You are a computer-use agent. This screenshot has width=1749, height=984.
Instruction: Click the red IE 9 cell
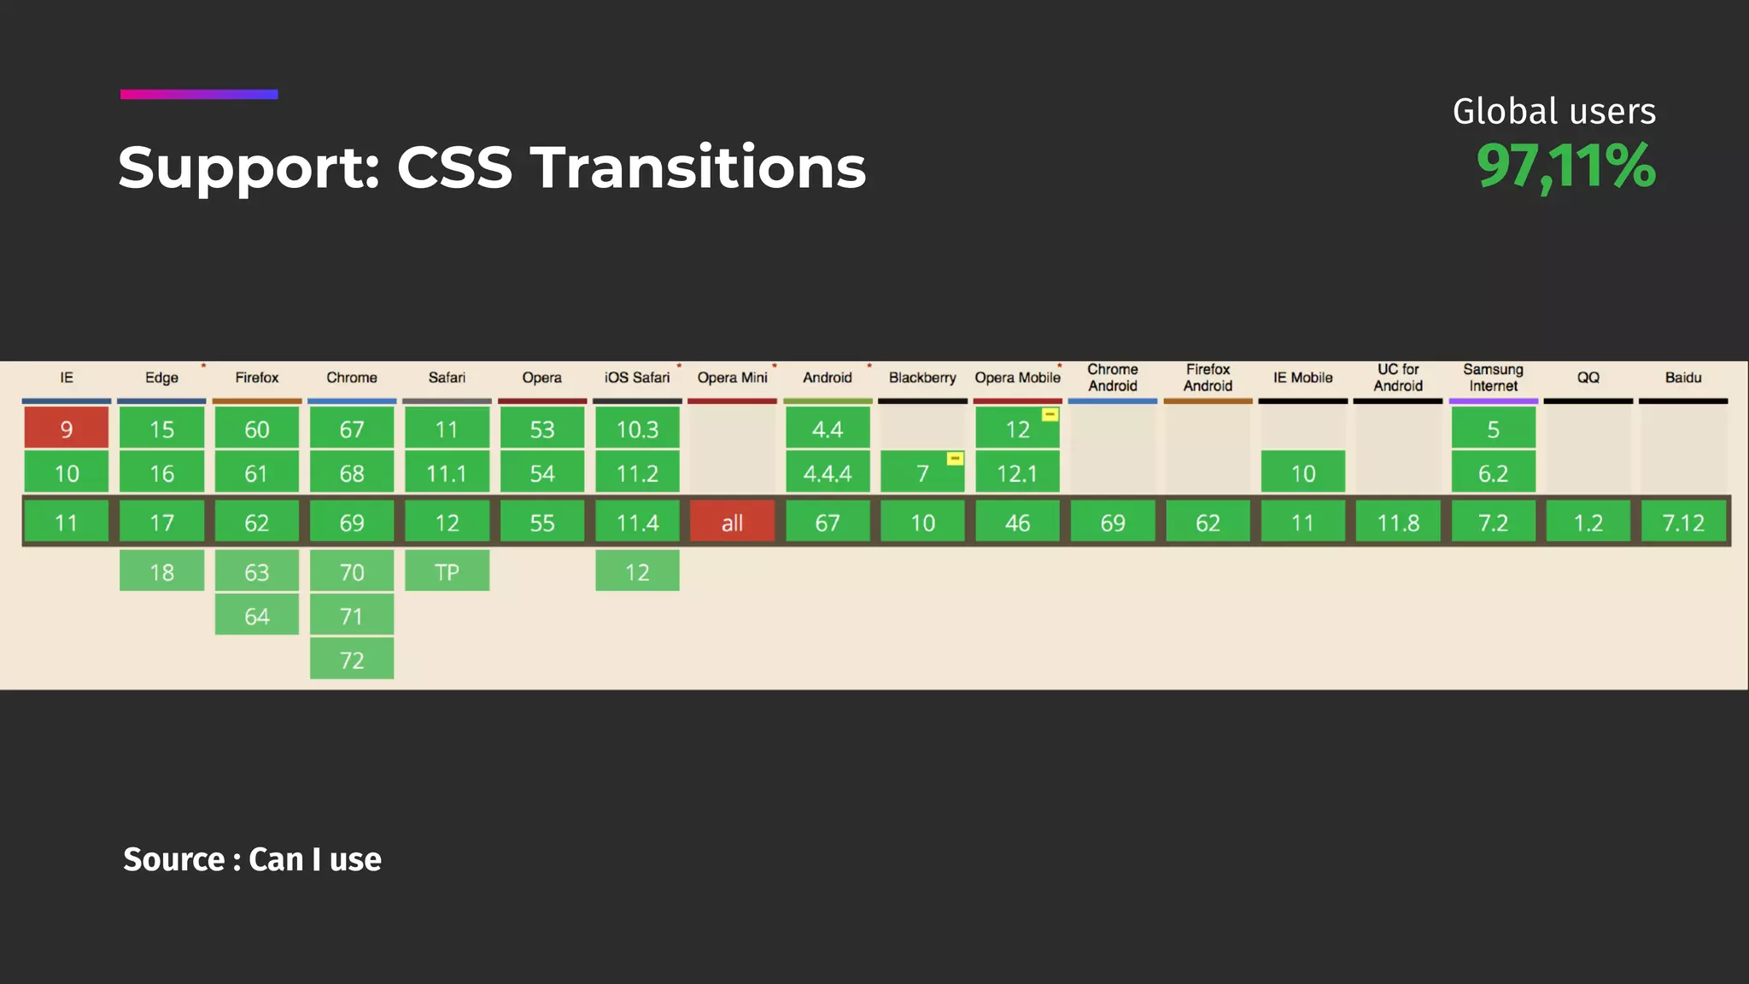click(67, 428)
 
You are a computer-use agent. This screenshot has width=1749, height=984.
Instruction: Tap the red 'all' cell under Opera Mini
click(732, 522)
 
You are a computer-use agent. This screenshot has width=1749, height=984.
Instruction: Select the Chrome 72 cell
click(352, 659)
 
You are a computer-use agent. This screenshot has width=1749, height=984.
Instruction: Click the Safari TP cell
click(447, 571)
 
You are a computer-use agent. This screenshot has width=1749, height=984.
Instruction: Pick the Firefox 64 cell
click(256, 616)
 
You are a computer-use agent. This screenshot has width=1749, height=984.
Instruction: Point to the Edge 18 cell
click(161, 571)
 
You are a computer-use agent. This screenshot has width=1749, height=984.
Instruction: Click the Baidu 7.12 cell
click(1682, 522)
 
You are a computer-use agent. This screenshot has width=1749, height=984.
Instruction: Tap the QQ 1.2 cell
click(1588, 522)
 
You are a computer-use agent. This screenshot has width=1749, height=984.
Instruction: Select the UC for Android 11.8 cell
click(1398, 522)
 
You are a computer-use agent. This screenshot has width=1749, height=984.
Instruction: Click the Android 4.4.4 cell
click(827, 473)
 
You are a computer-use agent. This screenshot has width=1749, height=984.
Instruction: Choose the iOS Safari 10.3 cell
click(637, 428)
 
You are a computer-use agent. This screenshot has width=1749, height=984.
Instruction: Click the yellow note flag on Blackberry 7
click(955, 459)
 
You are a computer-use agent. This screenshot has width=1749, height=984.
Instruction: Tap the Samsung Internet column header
click(1493, 378)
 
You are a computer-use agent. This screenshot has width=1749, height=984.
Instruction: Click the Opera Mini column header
click(732, 378)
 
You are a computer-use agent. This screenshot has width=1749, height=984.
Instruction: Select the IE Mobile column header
click(1302, 378)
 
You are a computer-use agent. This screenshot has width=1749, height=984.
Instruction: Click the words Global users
click(1553, 112)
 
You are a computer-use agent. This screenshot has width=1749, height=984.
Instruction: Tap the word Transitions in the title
click(698, 167)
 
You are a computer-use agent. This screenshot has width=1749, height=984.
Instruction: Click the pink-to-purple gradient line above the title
click(199, 94)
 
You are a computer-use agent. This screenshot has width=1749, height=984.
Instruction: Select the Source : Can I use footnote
click(252, 859)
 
